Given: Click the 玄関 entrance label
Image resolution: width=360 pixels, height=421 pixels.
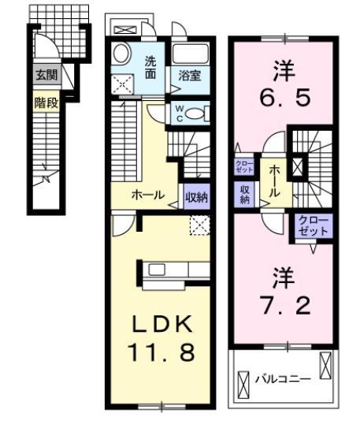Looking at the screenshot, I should tap(43, 76).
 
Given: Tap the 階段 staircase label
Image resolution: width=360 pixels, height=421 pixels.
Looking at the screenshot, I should tap(43, 101).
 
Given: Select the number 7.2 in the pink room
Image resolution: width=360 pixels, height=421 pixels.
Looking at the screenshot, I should tap(283, 302).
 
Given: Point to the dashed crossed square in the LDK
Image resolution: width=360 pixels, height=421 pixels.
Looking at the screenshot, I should tap(200, 225).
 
